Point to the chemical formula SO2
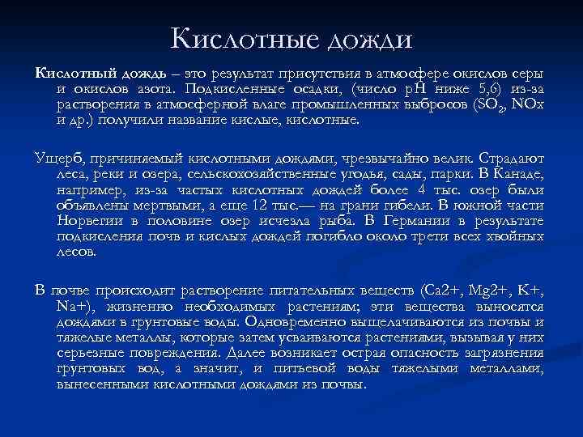point(499,105)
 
